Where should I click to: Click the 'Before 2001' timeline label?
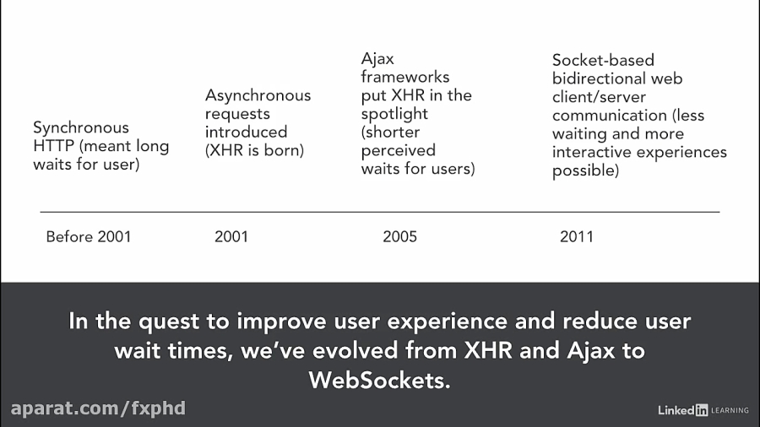[x=89, y=236]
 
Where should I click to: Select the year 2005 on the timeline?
[x=399, y=236]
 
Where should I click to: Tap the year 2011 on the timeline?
[x=577, y=236]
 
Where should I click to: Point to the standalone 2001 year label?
[x=231, y=236]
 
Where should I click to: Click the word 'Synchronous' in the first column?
[x=81, y=128]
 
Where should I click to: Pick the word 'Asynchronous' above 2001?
[x=258, y=95]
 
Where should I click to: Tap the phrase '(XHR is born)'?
[x=254, y=151]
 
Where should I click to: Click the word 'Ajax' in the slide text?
[x=377, y=59]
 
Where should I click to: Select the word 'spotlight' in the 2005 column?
[x=394, y=114]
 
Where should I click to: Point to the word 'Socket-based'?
[x=603, y=60]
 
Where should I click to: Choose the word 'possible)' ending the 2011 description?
[x=586, y=170]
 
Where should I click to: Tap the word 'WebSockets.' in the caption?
[x=380, y=380]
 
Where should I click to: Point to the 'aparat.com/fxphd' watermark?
[x=98, y=408]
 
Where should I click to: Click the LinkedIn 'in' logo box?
[x=701, y=410]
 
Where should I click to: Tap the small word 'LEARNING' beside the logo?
[x=730, y=411]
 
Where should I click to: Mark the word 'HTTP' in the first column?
[x=52, y=146]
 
